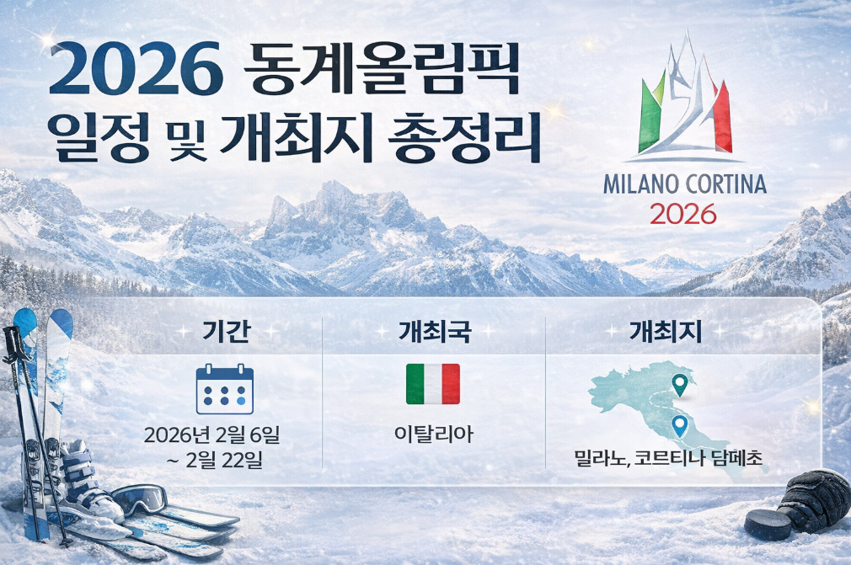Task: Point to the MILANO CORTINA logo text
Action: click(x=684, y=184)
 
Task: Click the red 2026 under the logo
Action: click(x=683, y=214)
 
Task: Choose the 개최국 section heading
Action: click(x=433, y=332)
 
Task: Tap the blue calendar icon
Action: click(x=224, y=389)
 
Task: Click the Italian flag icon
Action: click(x=433, y=384)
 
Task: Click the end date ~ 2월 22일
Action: click(x=225, y=461)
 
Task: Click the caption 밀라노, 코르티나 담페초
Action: click(x=667, y=460)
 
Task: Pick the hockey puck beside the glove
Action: click(x=768, y=525)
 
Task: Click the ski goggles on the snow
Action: click(x=142, y=498)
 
